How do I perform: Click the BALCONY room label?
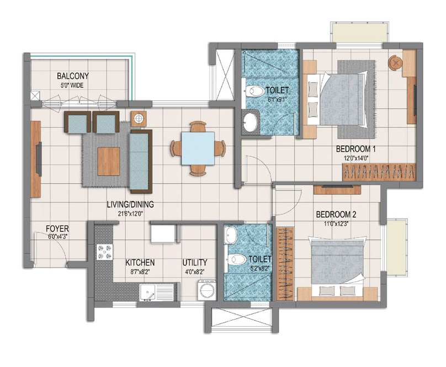[x=73, y=76]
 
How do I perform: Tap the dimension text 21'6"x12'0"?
[x=130, y=212]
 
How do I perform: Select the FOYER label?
[x=56, y=227]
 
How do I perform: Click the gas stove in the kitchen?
[x=103, y=251]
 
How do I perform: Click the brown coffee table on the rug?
[x=108, y=161]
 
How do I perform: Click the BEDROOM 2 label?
[x=335, y=215]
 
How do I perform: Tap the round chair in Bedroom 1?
[x=395, y=62]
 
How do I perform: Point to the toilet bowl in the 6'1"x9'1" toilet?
[x=255, y=91]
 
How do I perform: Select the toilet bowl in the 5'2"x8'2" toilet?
[x=237, y=258]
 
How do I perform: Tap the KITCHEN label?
[x=140, y=262]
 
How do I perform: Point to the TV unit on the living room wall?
[x=36, y=159]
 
